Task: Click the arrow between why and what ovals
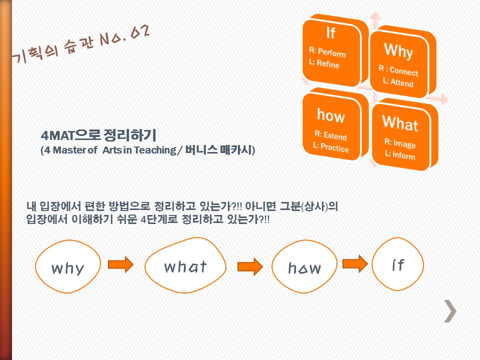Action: click(x=120, y=264)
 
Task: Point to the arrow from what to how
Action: click(x=250, y=266)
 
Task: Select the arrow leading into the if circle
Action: click(x=355, y=263)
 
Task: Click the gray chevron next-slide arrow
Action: click(x=450, y=311)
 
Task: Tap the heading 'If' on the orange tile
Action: click(x=330, y=33)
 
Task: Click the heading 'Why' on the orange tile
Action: click(x=398, y=51)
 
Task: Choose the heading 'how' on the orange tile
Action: click(x=331, y=115)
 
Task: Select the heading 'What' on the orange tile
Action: click(x=400, y=123)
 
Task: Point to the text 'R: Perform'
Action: click(x=327, y=52)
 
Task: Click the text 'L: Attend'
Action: click(x=398, y=82)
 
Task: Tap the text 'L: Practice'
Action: click(x=331, y=147)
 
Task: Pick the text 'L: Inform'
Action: click(x=400, y=155)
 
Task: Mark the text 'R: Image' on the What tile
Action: click(x=400, y=143)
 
